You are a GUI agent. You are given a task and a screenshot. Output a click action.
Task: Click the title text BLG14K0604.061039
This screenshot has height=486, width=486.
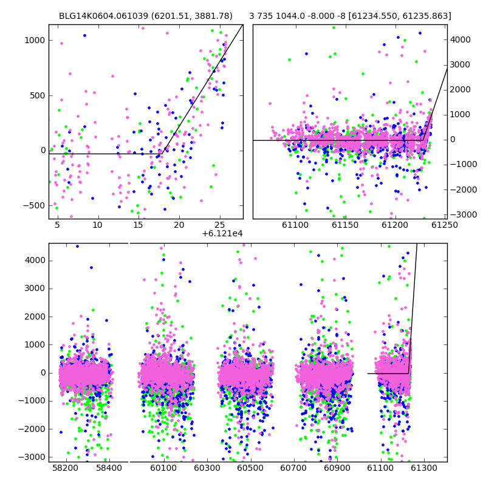pos(103,16)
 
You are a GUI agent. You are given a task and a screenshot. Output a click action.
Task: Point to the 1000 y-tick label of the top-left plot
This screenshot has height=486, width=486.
pos(35,40)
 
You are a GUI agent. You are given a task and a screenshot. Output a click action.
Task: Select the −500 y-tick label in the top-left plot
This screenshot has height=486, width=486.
pos(34,205)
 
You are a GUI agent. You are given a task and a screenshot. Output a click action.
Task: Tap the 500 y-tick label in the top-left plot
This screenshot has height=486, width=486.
pos(37,95)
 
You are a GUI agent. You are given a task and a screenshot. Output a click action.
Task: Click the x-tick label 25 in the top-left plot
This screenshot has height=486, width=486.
pos(219,225)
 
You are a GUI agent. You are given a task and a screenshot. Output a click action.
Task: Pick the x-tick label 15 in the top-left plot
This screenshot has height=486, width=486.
pos(139,225)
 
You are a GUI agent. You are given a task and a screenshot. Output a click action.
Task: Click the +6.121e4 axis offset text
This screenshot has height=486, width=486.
pos(222,233)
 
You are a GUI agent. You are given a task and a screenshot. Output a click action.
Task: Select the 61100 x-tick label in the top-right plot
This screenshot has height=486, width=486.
pos(295,225)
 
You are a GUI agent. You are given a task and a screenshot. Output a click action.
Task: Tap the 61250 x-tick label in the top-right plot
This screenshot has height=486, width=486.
pos(445,225)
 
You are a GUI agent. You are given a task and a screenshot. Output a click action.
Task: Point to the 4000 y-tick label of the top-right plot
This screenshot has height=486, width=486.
pos(460,39)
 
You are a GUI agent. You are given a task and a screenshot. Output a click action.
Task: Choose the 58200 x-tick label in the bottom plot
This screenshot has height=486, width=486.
pos(65,467)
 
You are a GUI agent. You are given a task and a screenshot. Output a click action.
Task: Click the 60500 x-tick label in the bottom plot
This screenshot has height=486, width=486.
pos(250,467)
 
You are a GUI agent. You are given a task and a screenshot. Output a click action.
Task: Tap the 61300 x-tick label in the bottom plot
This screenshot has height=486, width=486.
pos(423,467)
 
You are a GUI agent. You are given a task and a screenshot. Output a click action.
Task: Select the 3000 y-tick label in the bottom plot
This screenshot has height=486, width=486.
pos(35,288)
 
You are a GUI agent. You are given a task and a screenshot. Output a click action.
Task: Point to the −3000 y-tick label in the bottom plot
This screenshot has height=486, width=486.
pos(32,457)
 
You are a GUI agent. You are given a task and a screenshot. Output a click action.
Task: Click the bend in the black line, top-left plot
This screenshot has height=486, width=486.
pos(162,154)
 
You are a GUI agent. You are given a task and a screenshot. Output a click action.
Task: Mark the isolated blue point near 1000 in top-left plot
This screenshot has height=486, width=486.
pos(84,36)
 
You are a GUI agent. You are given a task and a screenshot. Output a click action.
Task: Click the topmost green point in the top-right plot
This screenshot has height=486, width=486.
pos(334,27)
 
